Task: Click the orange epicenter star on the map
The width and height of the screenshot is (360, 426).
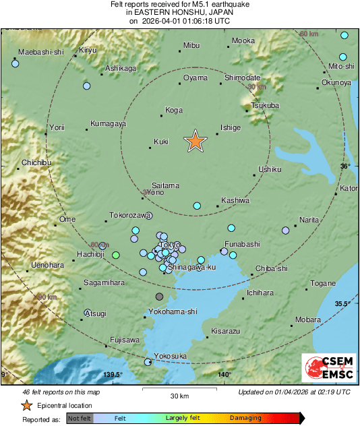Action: click(x=195, y=141)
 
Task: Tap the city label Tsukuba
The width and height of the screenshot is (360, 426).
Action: click(x=265, y=106)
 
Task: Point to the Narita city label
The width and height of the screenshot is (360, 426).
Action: click(x=309, y=220)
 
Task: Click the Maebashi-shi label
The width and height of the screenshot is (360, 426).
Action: click(x=40, y=52)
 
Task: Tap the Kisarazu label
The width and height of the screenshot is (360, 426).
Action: click(x=225, y=331)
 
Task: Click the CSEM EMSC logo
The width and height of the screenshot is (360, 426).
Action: click(x=328, y=369)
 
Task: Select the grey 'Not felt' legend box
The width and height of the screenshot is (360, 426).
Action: click(x=79, y=418)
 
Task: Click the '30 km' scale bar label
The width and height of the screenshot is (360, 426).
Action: click(x=179, y=395)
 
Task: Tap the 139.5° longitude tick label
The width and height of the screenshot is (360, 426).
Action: click(x=113, y=375)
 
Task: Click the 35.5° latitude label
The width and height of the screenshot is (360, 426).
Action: click(x=344, y=304)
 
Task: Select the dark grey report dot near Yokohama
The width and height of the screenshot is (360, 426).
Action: click(x=160, y=296)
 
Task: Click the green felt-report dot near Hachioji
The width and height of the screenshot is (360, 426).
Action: click(x=116, y=255)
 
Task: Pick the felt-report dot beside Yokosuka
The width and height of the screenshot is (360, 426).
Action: click(x=148, y=363)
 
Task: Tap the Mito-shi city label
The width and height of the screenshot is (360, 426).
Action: click(x=340, y=66)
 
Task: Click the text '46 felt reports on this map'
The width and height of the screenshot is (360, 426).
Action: click(x=61, y=392)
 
